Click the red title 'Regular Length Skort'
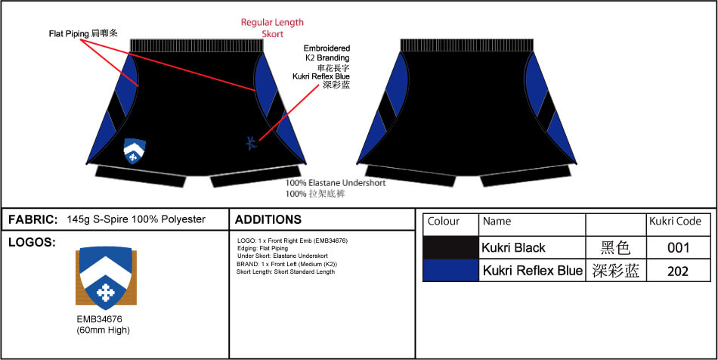click(272, 28)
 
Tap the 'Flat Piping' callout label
click(69, 34)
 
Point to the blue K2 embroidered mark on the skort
click(252, 143)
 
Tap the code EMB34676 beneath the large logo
click(99, 319)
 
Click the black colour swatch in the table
click(450, 248)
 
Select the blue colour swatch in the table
click(450, 270)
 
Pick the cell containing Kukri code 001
click(678, 248)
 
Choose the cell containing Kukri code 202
click(678, 270)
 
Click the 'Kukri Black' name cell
click(532, 248)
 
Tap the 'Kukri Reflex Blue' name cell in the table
click(532, 270)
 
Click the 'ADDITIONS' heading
click(268, 219)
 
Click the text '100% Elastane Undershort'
click(336, 183)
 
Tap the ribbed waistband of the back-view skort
click(467, 45)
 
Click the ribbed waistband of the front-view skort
click(197, 45)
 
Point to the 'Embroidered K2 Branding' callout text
click(327, 53)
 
